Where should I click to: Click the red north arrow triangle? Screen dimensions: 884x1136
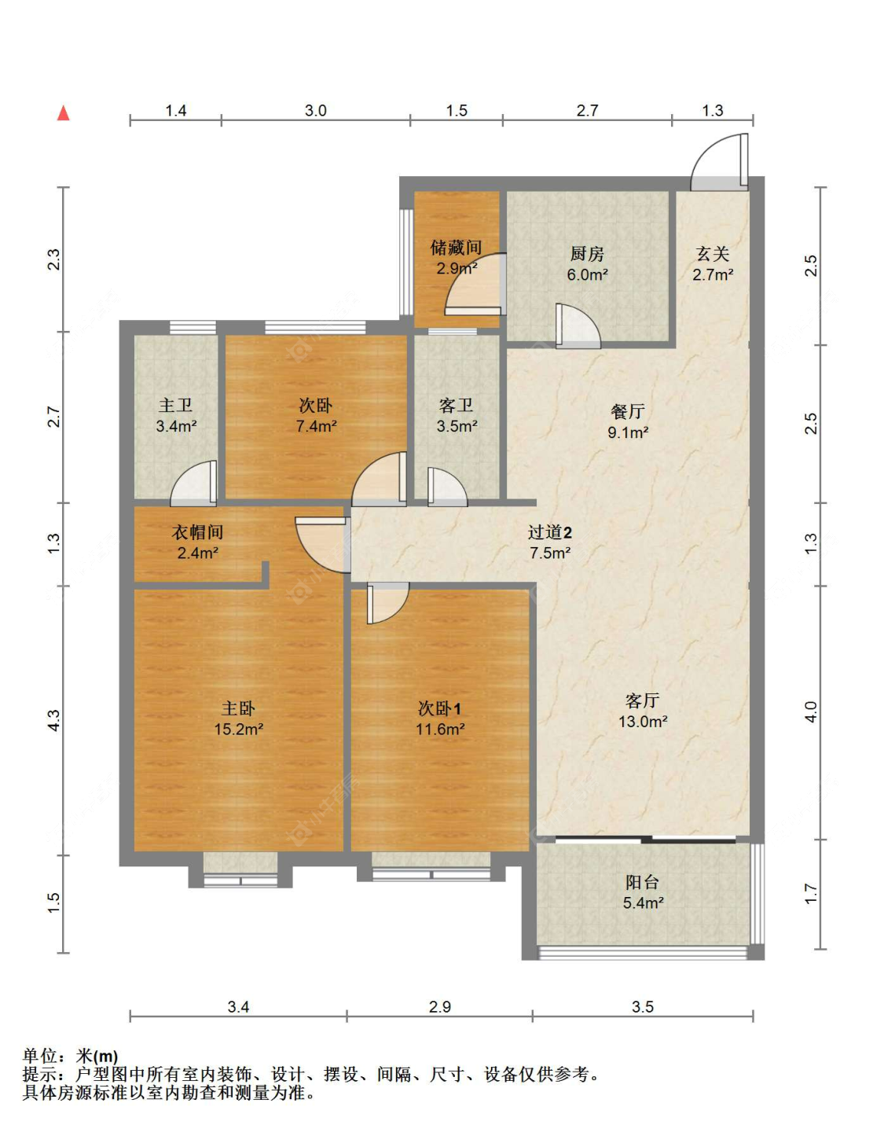63,113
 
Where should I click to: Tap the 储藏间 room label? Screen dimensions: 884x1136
456,248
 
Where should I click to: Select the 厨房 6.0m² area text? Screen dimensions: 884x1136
587,274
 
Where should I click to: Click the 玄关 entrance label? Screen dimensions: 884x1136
712,254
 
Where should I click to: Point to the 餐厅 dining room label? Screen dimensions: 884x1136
628,411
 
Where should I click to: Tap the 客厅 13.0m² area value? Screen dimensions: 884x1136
643,722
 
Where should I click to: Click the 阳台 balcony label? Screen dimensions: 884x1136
642,882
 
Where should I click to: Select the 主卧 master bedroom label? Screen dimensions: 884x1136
238,708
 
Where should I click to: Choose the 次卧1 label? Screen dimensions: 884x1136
439,708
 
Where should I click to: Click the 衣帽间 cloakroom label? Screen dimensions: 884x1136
197,532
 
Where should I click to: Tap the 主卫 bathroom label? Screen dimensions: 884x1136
175,405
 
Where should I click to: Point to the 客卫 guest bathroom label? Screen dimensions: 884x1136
456,405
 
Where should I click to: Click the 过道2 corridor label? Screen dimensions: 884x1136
549,532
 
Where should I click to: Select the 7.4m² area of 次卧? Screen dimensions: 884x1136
316,426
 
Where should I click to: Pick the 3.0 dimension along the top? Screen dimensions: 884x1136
316,110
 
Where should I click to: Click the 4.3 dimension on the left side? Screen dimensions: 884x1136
54,720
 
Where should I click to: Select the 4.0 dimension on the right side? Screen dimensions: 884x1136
810,712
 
